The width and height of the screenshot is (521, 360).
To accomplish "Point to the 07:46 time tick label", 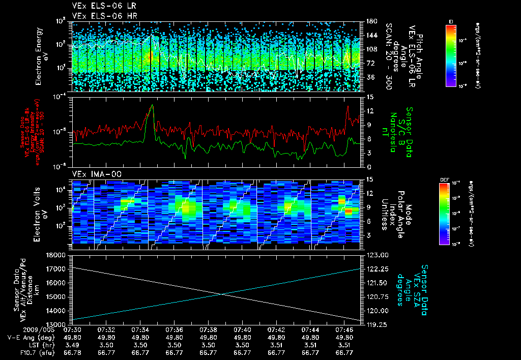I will (x=344, y=329).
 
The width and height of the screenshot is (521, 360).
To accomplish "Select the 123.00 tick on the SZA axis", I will (x=377, y=255).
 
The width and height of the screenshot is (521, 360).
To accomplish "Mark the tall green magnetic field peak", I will (x=152, y=106).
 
